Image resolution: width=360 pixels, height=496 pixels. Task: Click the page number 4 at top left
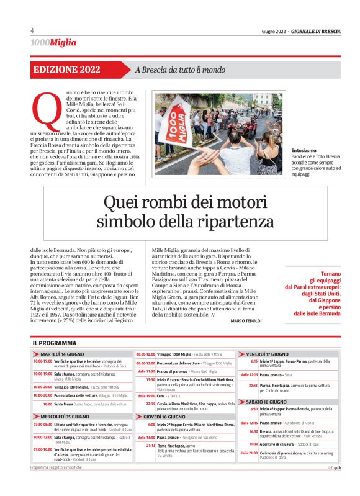click(32, 30)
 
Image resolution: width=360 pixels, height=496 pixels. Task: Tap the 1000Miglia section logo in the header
click(53, 42)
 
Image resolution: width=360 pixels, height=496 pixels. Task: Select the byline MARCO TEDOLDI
click(246, 320)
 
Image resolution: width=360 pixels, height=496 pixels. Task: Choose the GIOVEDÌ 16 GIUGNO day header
click(170, 417)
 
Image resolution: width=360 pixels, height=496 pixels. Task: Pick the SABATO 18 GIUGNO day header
click(269, 402)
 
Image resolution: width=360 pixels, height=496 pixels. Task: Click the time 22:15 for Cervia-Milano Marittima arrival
click(150, 403)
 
